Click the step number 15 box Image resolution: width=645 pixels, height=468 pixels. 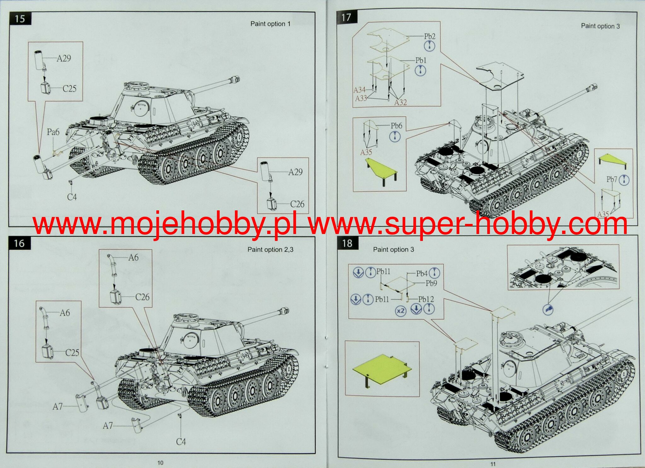20,19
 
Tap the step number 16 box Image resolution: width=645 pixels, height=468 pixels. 20,243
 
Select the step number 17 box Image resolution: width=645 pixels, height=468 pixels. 347,17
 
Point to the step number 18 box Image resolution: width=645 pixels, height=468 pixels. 348,243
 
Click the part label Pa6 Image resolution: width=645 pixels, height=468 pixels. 53,132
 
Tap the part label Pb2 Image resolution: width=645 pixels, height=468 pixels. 429,36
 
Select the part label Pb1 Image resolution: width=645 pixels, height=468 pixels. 421,60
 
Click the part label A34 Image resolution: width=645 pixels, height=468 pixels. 359,90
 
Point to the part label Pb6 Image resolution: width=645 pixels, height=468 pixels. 396,126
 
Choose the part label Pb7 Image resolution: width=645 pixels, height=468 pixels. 612,179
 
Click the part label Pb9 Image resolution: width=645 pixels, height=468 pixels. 431,283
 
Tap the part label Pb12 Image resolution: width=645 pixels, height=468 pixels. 426,299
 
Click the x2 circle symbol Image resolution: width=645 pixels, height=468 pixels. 400,311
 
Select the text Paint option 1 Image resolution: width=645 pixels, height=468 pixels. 270,24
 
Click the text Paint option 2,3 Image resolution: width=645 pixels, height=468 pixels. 270,250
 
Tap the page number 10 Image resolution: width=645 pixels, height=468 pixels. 160,463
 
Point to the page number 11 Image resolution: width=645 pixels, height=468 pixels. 493,464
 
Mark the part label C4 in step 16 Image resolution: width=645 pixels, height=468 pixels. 181,442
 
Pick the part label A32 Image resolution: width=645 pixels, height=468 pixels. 400,102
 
